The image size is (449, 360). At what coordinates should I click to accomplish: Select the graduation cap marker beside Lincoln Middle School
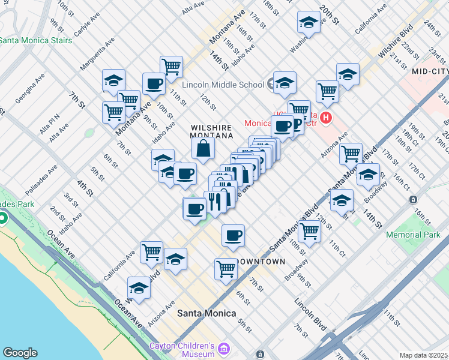click(285, 83)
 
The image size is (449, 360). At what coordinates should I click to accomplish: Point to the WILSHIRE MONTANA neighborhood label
click(211, 132)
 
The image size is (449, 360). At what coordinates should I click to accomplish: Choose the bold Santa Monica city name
click(206, 313)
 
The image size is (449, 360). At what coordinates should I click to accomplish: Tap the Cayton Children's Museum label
click(182, 350)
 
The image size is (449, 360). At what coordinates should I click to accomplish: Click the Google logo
click(20, 353)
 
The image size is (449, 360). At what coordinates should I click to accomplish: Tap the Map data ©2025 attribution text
click(423, 355)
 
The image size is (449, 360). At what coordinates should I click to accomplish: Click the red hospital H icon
click(327, 117)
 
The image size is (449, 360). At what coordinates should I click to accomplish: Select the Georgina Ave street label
click(30, 88)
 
